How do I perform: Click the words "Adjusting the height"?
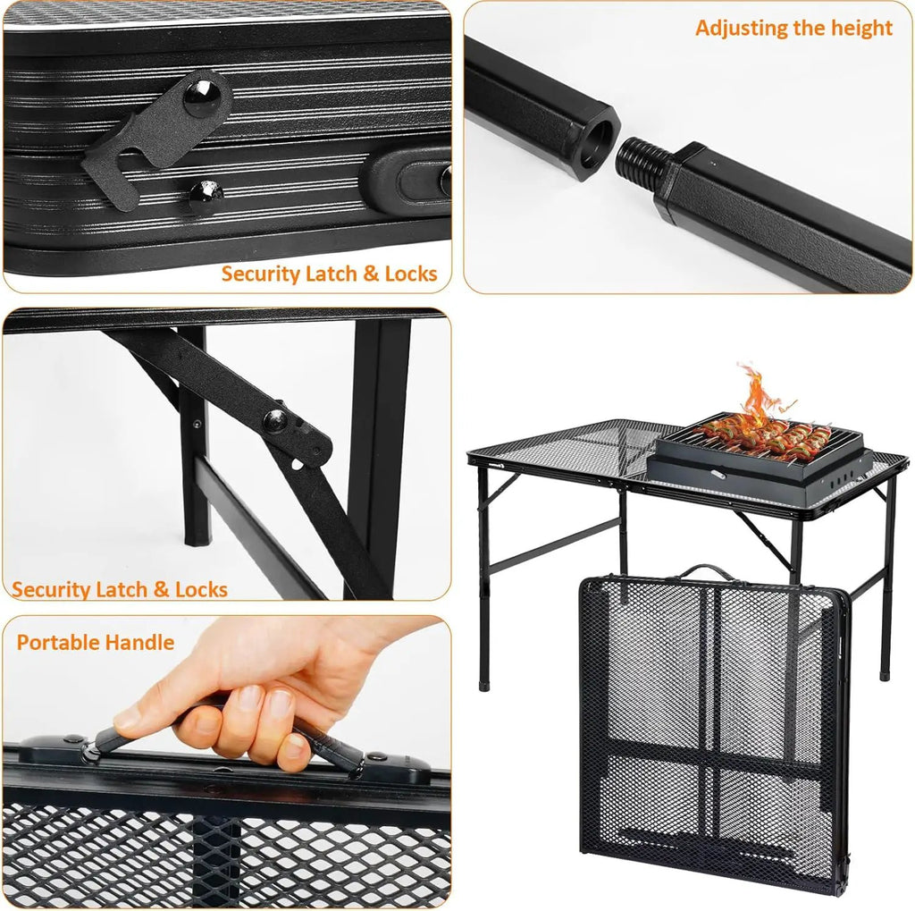click(793, 28)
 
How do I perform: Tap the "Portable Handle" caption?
click(96, 643)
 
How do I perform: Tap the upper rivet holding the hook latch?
click(202, 97)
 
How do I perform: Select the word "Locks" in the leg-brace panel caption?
click(201, 590)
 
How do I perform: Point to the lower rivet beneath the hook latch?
click(206, 191)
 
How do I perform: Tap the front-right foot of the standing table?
click(886, 674)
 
